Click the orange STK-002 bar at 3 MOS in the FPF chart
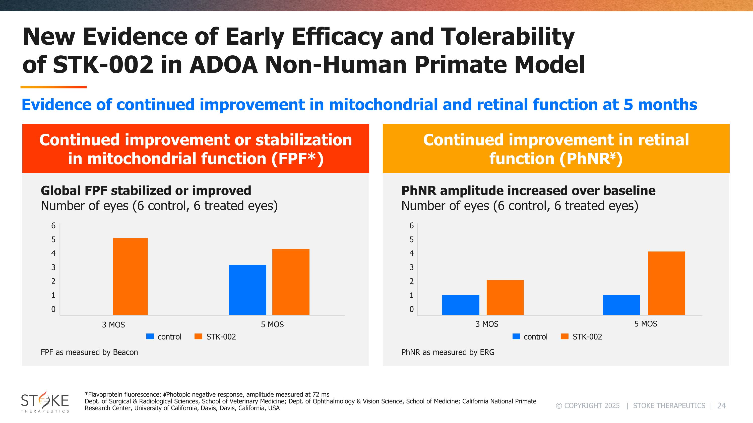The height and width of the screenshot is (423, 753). pos(130,277)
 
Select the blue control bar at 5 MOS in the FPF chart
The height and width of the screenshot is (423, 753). pos(247,290)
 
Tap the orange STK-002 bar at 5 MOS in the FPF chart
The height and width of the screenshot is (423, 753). pos(291,282)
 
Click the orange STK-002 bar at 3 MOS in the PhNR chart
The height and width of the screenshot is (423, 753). pos(505,297)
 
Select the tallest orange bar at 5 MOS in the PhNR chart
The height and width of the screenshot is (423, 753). pos(666,283)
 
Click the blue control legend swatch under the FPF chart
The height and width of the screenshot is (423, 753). pos(150,336)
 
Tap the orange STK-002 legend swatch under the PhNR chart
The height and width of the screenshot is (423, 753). pos(564,336)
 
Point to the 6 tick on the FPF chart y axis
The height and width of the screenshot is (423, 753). pos(53,225)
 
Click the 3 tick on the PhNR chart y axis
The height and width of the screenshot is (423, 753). pos(411,267)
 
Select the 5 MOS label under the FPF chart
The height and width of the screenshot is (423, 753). pos(272,325)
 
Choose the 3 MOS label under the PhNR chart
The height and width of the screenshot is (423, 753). pos(487,324)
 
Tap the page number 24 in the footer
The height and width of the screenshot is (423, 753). pos(721,406)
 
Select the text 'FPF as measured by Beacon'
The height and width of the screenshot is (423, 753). pos(89,352)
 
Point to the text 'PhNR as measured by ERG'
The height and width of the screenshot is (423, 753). pos(448,352)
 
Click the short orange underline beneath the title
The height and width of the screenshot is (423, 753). pos(53,87)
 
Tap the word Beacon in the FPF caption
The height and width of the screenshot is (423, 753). pos(125,352)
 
